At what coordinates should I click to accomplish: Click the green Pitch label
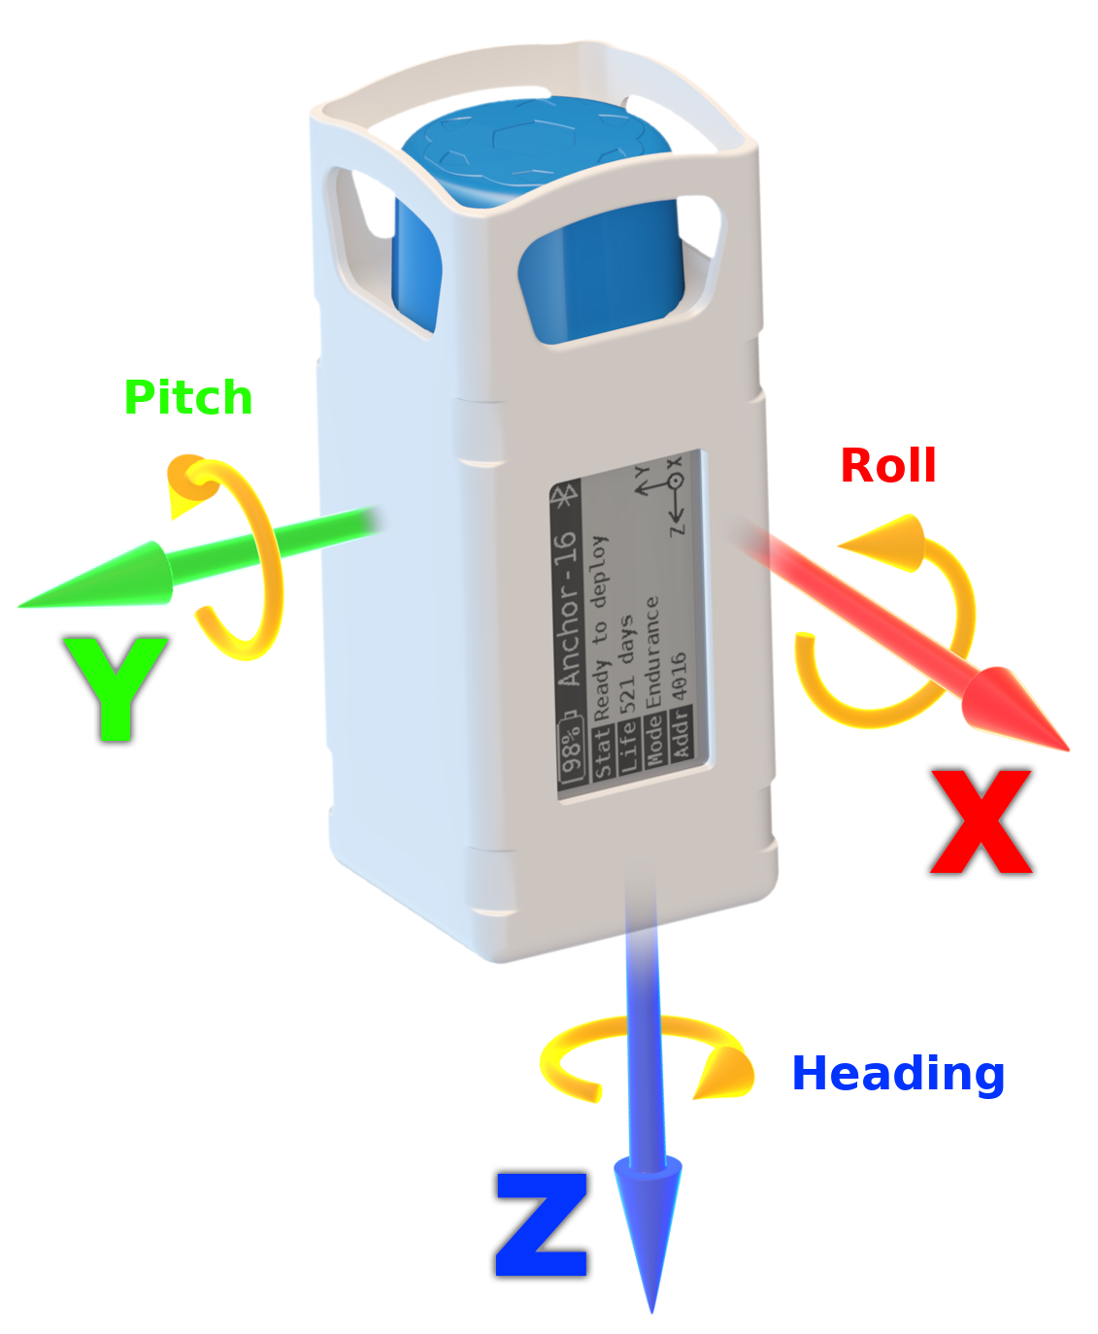(188, 398)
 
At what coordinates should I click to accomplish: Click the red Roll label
(887, 466)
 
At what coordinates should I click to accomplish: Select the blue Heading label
(898, 1074)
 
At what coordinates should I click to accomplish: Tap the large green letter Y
(115, 687)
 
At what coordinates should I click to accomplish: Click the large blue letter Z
(542, 1225)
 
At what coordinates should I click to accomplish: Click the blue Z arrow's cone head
(649, 1223)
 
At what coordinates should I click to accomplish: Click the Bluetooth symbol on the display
(565, 496)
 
